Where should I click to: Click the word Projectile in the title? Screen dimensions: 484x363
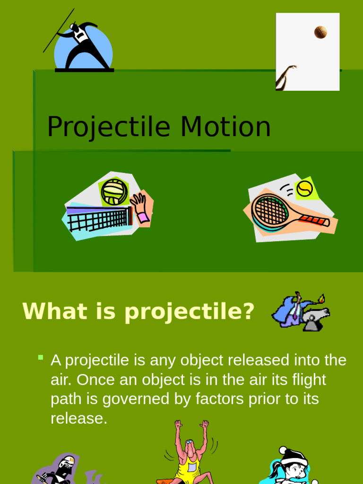tap(108, 127)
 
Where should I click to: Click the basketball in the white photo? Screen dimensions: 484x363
tap(320, 32)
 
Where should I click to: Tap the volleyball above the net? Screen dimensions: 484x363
tap(114, 191)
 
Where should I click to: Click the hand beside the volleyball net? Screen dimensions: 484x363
tap(140, 207)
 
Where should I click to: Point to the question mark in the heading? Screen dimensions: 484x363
tap(248, 311)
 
